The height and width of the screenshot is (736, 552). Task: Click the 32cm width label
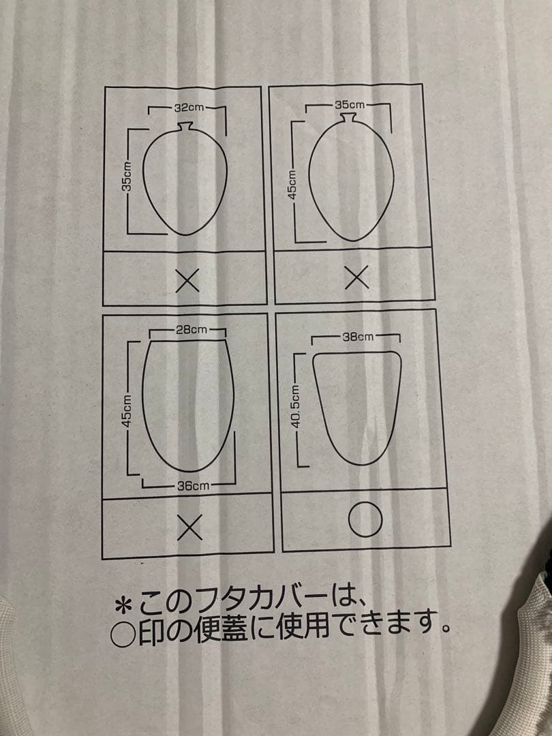(x=185, y=108)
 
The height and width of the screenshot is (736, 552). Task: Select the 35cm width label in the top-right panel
(x=350, y=105)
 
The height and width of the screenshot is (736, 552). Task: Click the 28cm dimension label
(x=191, y=330)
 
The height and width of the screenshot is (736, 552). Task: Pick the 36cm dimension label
(x=193, y=485)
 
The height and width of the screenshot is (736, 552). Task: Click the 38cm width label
(x=358, y=337)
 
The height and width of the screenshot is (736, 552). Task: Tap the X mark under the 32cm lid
(x=187, y=281)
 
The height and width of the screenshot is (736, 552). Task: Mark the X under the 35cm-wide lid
(x=355, y=276)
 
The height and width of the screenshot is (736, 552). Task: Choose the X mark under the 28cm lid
(x=190, y=526)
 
